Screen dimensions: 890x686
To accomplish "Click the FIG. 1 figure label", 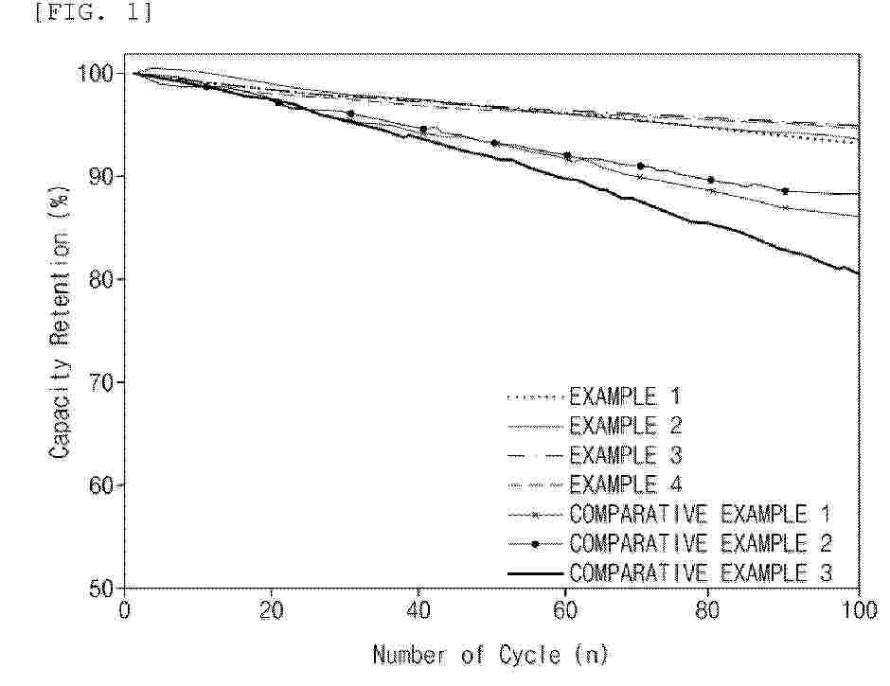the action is coord(94,11).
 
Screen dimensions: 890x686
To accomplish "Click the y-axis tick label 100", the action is coord(95,74).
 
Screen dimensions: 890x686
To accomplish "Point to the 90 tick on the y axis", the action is coord(101,176).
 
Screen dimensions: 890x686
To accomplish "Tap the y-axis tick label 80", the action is coord(101,279).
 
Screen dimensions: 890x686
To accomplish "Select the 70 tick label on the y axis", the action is coord(101,382).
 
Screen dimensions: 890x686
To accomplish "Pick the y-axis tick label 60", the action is coord(101,485).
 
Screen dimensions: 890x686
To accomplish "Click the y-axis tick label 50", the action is coord(101,589).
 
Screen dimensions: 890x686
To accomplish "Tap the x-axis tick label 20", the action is coord(272,611).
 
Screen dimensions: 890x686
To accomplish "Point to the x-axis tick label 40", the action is coord(418,611).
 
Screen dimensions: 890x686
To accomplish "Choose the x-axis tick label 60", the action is coord(565,611).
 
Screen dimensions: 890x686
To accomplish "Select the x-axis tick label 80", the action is coord(707,611).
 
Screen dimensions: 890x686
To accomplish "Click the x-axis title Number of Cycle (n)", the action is coord(491,656).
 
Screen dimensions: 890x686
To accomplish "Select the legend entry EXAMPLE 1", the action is coord(624,396).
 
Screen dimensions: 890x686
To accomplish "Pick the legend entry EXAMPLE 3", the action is coord(624,455).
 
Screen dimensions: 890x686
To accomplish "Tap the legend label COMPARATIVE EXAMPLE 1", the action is coord(701,514).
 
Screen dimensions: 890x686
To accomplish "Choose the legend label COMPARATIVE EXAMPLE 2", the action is coord(701,543).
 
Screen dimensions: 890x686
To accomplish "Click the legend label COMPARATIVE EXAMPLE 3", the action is coord(701,573).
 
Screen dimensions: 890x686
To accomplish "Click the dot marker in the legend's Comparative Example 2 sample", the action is coord(535,544).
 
